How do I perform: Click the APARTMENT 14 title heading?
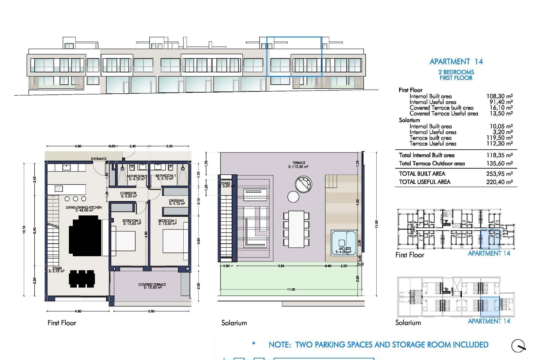(456, 62)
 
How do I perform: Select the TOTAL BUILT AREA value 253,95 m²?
(499, 174)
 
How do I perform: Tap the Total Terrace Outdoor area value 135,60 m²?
(499, 163)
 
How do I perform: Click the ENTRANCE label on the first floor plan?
(99, 159)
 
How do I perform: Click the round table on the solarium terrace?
(293, 197)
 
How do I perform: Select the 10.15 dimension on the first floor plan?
(24, 229)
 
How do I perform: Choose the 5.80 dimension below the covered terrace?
(151, 311)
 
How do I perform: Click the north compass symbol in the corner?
(518, 346)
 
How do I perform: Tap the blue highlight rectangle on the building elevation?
(294, 56)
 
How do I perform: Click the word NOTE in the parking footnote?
(279, 345)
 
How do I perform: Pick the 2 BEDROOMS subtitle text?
(456, 72)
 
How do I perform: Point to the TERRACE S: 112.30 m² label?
(298, 165)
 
